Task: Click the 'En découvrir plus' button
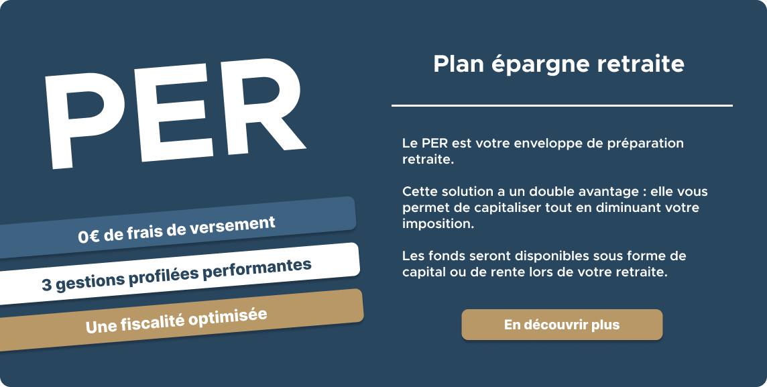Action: [562, 325]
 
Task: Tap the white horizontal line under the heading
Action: [562, 105]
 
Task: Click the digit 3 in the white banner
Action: [46, 286]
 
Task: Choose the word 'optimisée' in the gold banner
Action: [228, 316]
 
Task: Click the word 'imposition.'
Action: [438, 224]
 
